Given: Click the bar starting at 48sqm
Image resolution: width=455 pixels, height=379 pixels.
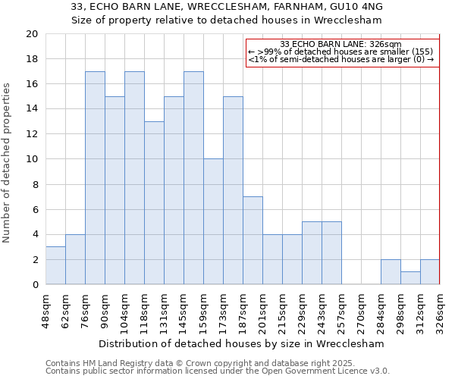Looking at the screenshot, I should click(x=55, y=265).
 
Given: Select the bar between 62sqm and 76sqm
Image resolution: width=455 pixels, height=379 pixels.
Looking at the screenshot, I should click(x=75, y=259).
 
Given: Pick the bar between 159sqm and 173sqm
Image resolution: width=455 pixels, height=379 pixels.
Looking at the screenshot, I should click(x=213, y=221).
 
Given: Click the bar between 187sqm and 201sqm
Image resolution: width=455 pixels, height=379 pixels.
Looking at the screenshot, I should click(x=253, y=240).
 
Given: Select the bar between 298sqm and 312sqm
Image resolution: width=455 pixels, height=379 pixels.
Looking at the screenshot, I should click(x=410, y=278).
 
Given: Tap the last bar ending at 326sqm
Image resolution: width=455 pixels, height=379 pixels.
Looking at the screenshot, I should click(x=430, y=272).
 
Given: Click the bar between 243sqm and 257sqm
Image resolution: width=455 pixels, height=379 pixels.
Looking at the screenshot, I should click(x=331, y=253).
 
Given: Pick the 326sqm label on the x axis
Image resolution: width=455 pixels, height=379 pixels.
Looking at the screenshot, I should click(x=441, y=310).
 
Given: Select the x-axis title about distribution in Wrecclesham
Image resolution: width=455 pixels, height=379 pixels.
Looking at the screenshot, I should click(x=241, y=343).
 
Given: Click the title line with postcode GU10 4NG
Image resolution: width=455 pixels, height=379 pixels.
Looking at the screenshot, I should click(x=227, y=7).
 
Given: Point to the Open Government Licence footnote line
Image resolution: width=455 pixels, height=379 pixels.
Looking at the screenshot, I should click(x=217, y=371).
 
